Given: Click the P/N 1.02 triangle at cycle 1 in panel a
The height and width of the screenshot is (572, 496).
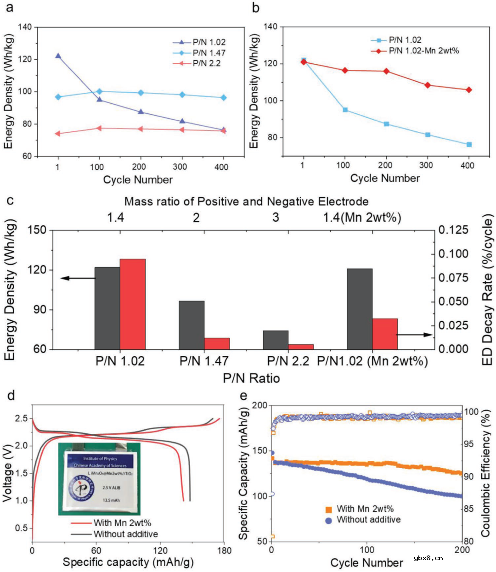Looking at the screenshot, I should tap(58, 56).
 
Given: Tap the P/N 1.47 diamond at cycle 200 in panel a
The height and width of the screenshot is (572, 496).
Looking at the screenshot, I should tap(141, 93).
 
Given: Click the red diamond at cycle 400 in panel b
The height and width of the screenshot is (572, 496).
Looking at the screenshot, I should tap(468, 90).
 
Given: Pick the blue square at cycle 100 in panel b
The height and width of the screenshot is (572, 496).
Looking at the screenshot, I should tap(345, 110).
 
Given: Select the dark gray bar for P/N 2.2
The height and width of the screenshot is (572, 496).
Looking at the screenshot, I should tap(276, 340).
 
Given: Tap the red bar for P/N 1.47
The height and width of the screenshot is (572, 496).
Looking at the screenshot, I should tap(217, 343).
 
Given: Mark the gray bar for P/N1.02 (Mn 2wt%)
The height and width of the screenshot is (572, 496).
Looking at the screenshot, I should tap(360, 309).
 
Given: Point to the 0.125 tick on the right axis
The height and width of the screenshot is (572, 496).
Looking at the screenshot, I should tap(453, 230).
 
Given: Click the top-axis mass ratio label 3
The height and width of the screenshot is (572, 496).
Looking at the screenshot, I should tap(276, 217).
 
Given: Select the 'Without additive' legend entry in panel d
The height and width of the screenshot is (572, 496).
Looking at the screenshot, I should tap(125, 534).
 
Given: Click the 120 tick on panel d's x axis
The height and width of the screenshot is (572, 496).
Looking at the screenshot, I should tap(160, 550).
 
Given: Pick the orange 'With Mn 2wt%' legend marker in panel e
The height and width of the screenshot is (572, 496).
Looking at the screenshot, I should tap(328, 509).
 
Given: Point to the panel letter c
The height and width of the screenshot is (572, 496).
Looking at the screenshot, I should tap(10, 201).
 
